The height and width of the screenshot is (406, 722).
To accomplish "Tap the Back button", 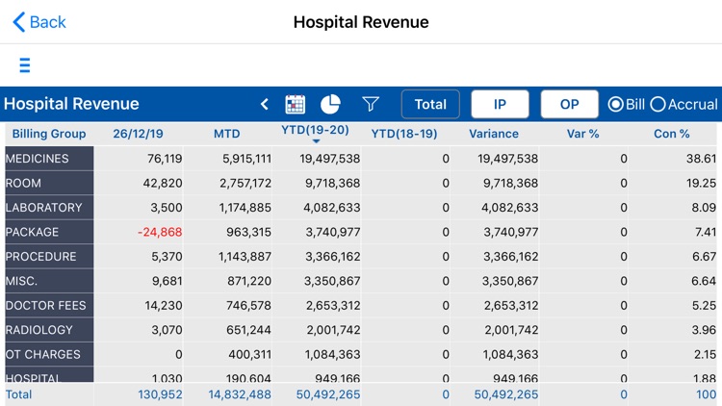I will (x=39, y=22).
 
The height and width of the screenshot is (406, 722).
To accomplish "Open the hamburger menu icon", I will (x=25, y=65).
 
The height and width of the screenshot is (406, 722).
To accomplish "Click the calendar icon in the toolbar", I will (x=296, y=104).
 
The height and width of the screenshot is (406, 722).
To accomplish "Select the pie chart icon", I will (x=330, y=104).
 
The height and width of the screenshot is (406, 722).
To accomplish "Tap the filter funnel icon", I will (x=371, y=104).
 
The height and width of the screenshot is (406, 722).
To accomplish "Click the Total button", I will (x=430, y=104).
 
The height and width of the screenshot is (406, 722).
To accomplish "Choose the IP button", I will (x=500, y=104).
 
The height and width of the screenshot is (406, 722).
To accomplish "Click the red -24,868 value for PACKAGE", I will (x=160, y=232).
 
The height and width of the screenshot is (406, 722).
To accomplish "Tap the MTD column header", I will (x=226, y=134).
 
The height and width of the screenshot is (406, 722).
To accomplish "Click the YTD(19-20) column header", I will (x=315, y=131).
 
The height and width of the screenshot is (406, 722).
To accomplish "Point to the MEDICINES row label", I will (x=38, y=159).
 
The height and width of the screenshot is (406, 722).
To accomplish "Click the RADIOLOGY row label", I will (x=39, y=330).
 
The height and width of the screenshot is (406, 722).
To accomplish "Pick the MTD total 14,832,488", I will (x=240, y=394).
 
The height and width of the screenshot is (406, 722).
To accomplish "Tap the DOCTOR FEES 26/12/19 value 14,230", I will (x=165, y=305).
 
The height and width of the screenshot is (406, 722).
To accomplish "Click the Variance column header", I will (x=493, y=134).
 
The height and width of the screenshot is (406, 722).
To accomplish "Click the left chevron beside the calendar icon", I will (x=265, y=104).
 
